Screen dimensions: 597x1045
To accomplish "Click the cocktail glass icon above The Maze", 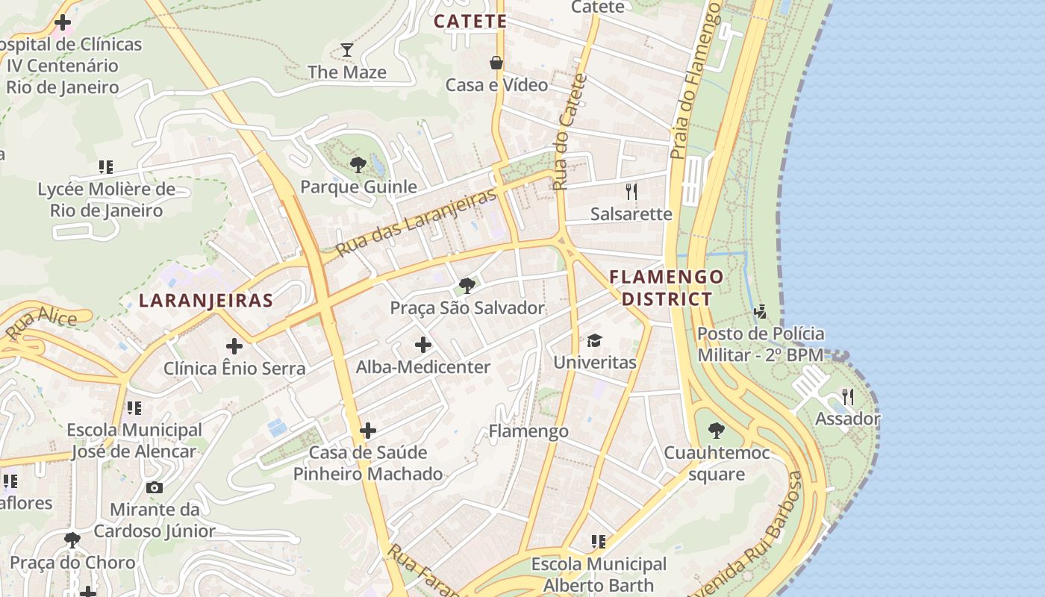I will point(347,50).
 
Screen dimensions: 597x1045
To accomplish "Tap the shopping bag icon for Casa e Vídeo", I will point(496,63).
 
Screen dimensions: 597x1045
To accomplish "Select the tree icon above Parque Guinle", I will point(358,164).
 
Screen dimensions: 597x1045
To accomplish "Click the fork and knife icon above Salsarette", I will point(631,192).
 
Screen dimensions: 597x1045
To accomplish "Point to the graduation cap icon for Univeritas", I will point(594,340).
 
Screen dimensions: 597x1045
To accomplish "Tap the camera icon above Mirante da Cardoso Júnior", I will point(155,487).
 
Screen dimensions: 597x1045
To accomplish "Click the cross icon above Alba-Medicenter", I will point(423,345).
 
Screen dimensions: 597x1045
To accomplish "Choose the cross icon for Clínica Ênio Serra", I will point(234,346).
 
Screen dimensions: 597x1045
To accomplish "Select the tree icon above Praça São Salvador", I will point(467,285).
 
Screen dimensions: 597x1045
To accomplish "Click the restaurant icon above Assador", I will point(847,396).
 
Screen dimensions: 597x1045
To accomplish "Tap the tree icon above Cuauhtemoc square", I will point(716,431).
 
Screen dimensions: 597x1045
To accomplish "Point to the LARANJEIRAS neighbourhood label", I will point(206,301).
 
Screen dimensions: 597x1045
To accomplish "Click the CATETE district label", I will point(470,21).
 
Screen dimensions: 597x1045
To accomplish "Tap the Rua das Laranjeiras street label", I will point(417,222).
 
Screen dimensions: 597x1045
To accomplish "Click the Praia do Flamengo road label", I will point(697,82).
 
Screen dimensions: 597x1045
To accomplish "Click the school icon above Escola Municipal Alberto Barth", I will point(598,541).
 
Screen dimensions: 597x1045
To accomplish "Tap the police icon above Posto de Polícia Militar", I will point(761,311).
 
